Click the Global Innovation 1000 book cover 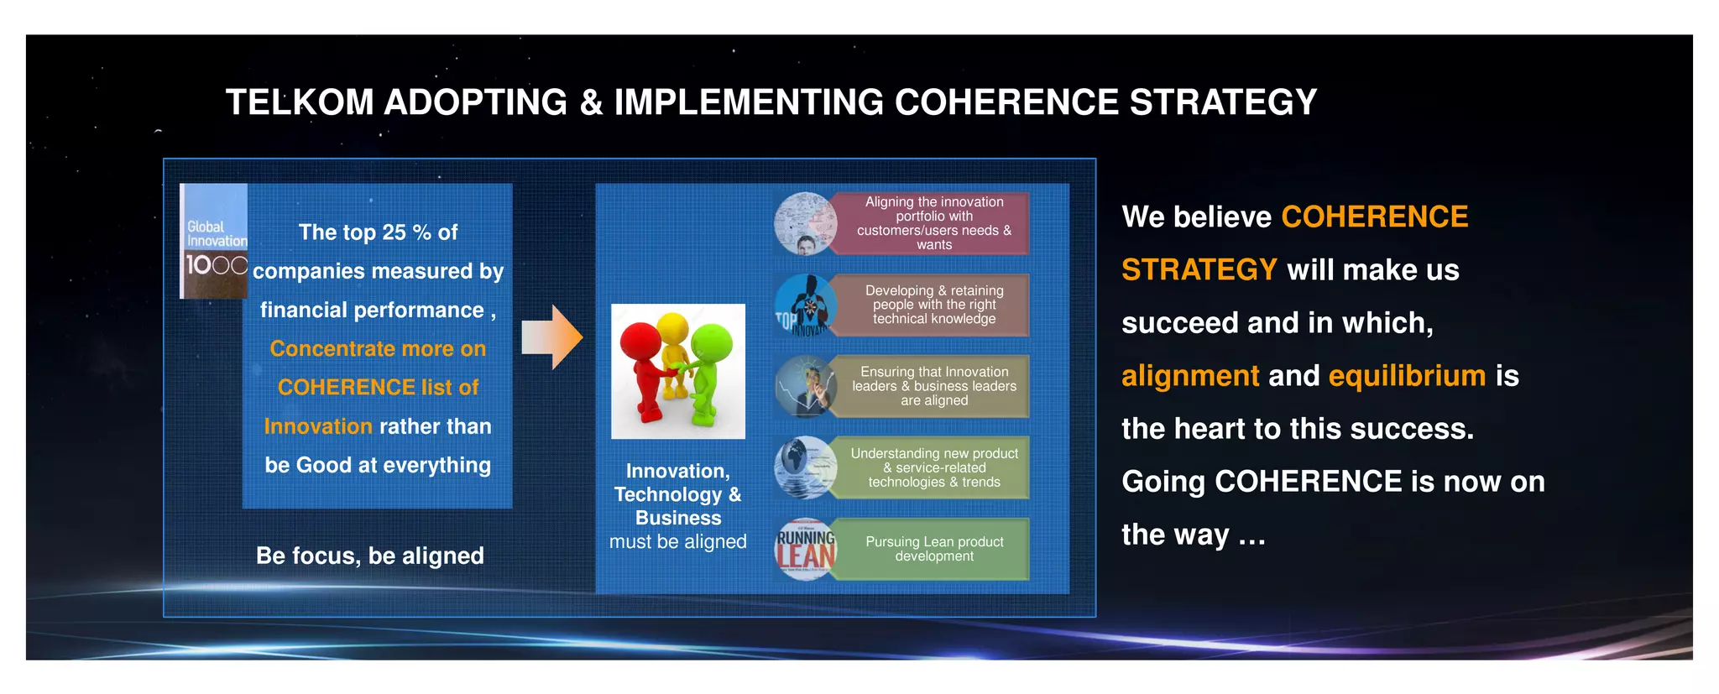pos(215,242)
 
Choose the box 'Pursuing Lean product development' pos(933,550)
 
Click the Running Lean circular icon pos(805,550)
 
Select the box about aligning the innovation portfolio pos(933,223)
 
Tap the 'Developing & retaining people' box pos(933,305)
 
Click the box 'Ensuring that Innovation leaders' pos(933,386)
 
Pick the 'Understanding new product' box pos(933,467)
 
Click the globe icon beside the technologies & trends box pos(805,467)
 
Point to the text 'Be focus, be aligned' pos(369,556)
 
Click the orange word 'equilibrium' pos(1407,376)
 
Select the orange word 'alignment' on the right pos(1190,376)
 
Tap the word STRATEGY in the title pos(1223,102)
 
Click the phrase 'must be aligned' pos(677,542)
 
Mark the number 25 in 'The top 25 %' pos(394,232)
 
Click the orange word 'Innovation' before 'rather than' pos(318,426)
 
